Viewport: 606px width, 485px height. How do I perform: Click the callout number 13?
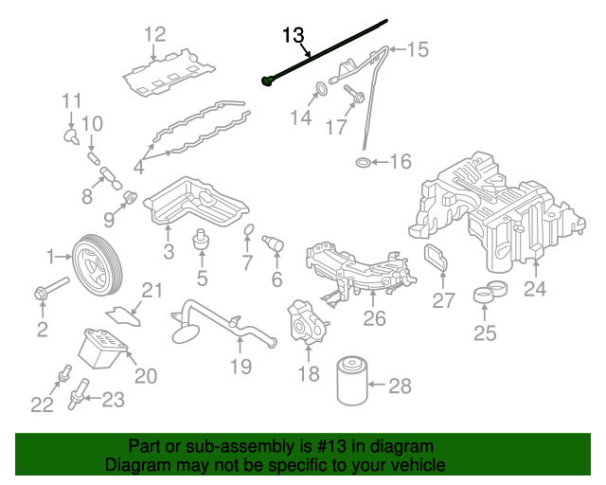point(294,36)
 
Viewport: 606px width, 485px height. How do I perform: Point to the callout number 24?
point(535,290)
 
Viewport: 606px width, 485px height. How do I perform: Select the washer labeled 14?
point(320,90)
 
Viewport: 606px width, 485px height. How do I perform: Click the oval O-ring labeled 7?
point(248,232)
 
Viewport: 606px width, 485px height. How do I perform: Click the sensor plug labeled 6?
point(276,242)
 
